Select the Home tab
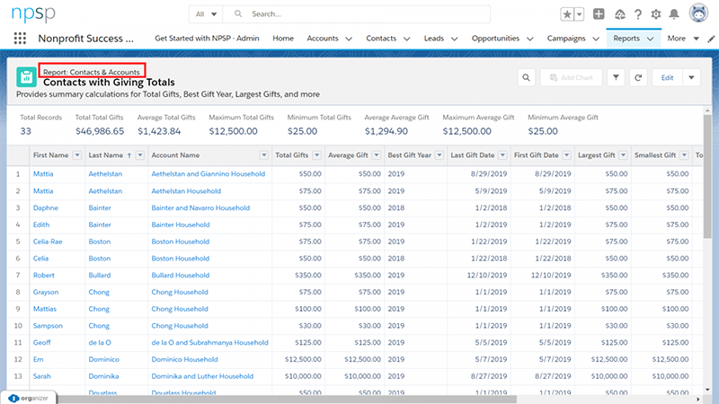(x=283, y=39)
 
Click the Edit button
(x=667, y=78)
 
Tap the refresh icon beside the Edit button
(x=637, y=78)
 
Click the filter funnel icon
(x=617, y=78)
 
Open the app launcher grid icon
(x=20, y=39)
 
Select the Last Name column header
(x=106, y=155)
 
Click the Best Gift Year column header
(x=409, y=155)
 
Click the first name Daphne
(x=47, y=207)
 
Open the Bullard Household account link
(x=181, y=275)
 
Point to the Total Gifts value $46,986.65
(x=99, y=131)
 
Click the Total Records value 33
(x=26, y=131)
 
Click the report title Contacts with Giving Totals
(x=121, y=82)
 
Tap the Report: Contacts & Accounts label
(x=91, y=70)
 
